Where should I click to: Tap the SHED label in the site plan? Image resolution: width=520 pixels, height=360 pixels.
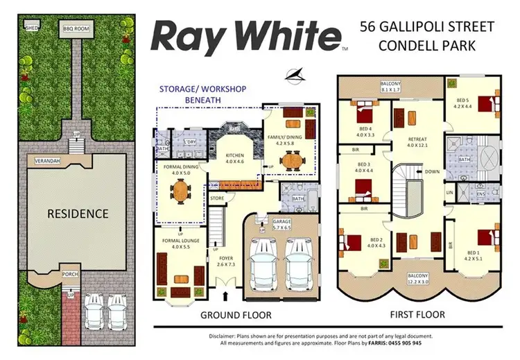coord(32,28)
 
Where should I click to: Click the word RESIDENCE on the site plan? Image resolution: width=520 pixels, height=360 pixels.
coord(78,214)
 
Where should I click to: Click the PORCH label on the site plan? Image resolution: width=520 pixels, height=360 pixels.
coord(70,273)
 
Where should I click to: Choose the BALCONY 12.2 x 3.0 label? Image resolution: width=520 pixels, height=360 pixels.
coord(419,280)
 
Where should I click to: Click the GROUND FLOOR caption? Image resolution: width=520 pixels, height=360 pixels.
coord(229,314)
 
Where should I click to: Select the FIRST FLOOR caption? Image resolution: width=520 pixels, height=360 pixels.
coord(417,314)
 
